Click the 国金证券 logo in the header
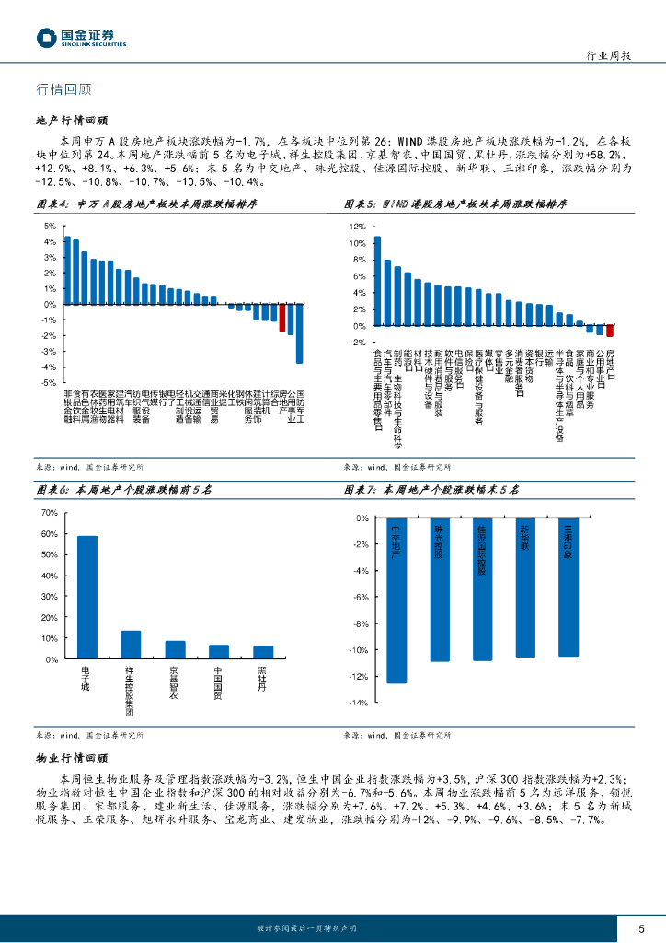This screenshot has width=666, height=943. point(81,38)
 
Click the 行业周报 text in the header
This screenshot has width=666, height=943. point(608,55)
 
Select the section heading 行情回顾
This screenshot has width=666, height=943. point(63,89)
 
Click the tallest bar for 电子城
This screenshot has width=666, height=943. point(87,597)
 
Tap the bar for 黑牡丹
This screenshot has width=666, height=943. point(263,652)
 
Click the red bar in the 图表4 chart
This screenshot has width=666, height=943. point(282,318)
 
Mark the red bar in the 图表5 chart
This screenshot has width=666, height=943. point(609,331)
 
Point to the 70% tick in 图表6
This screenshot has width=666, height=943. point(51,511)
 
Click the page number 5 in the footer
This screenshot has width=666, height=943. point(641,928)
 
